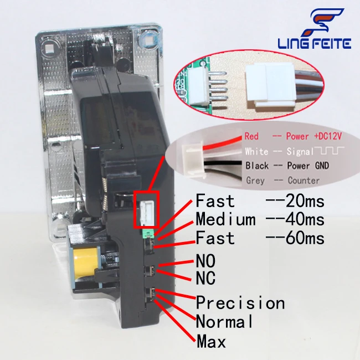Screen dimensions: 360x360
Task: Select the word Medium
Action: (225, 219)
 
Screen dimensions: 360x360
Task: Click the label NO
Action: (206, 260)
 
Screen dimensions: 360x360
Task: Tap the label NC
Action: (206, 277)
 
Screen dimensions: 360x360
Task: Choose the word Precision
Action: (240, 303)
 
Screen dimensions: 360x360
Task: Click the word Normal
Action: (224, 321)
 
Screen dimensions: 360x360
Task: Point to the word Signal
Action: (297, 151)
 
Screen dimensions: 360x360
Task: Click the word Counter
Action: (304, 181)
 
